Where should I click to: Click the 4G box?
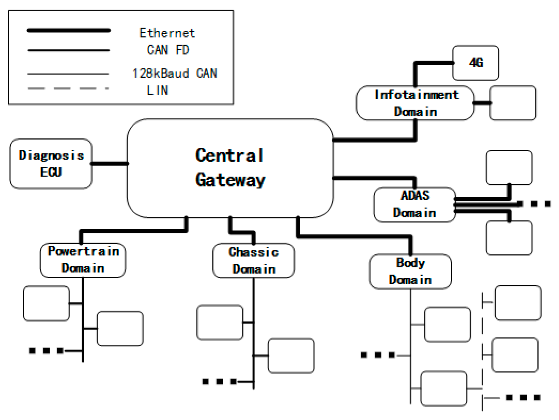pos(475,63)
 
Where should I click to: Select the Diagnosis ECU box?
pos(51,164)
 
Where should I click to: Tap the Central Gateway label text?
pos(230,168)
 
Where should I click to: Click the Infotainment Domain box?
pos(415,103)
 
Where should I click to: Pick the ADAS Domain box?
pos(414,205)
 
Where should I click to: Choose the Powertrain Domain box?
pos(83,260)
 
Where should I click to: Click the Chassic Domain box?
pos(254,261)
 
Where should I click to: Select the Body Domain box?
pos(410,271)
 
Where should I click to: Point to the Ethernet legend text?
pos(167,33)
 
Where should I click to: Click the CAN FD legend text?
pos(168,50)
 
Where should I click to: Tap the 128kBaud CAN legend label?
pos(175,73)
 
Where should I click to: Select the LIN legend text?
pos(158,90)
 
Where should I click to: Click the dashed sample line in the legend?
pos(68,88)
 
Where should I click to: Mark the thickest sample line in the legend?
pos(68,31)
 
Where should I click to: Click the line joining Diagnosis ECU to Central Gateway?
pos(109,164)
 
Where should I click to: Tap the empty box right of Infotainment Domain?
pos(513,103)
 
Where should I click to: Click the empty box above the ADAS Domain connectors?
pos(509,168)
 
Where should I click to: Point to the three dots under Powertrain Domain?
pos(46,350)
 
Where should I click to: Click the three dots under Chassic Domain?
pos(220,381)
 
